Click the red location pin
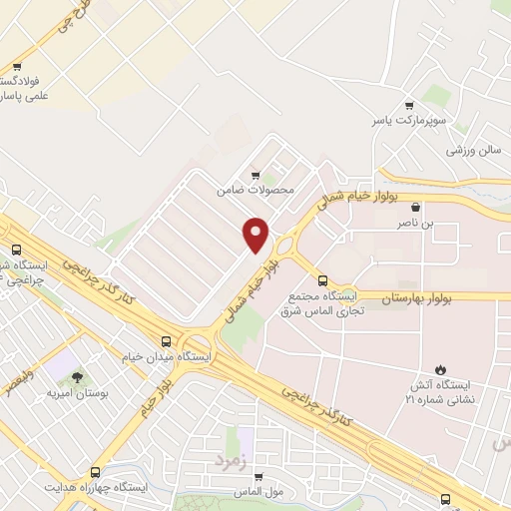point(256,234)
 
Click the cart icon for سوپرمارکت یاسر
point(408,105)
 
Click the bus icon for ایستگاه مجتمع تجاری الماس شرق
point(321,280)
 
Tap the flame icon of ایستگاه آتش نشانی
point(439,368)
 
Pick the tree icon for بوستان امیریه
point(77,377)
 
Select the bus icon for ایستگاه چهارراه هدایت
point(95,472)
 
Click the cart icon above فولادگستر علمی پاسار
point(15,67)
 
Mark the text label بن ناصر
point(415,225)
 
